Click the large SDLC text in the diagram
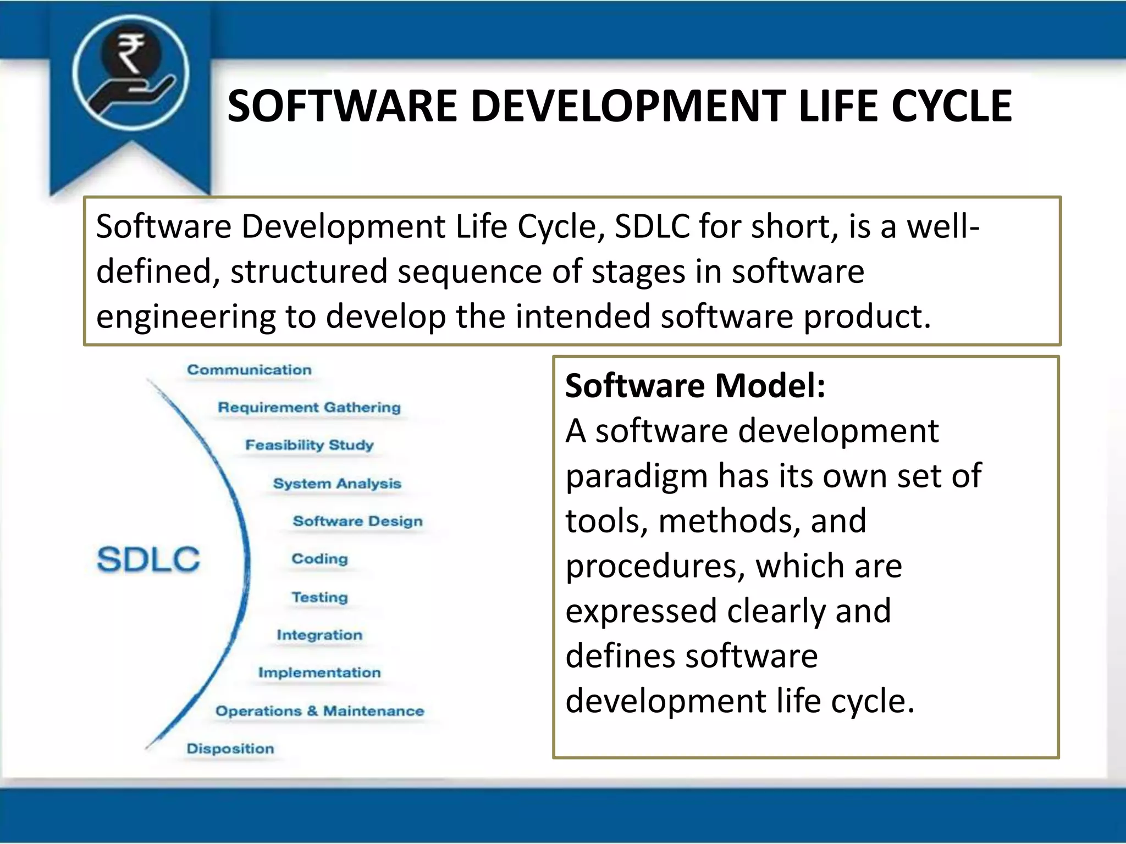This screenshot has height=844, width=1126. [148, 559]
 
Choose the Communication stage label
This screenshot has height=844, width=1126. [249, 370]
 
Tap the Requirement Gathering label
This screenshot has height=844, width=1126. [309, 408]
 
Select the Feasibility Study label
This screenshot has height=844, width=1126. [309, 445]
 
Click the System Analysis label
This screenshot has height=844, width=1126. [337, 484]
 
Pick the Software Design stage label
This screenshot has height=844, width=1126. [357, 521]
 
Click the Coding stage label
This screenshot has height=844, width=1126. [319, 559]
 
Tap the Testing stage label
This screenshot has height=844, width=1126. [319, 597]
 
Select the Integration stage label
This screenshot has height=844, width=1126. [319, 635]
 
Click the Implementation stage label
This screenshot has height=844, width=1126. [319, 673]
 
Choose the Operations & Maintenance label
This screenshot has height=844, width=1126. [319, 711]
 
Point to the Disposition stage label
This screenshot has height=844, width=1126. [230, 748]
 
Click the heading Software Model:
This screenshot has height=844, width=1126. [695, 386]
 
